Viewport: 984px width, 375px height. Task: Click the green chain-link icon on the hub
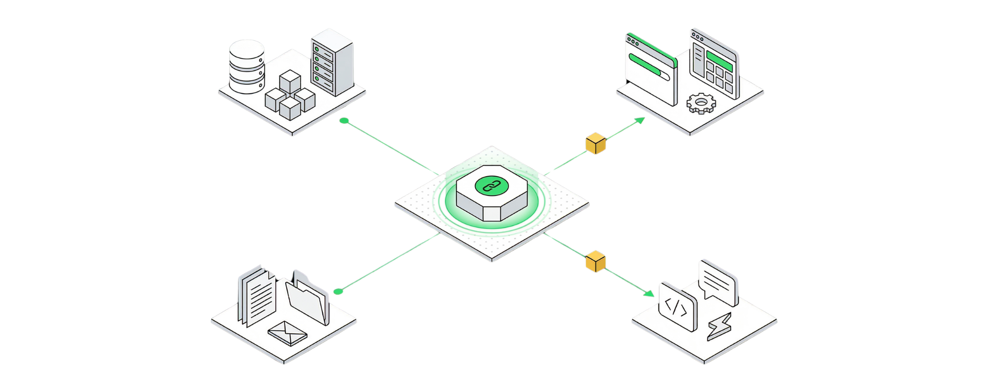pos(488,186)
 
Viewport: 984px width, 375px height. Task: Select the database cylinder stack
pos(246,66)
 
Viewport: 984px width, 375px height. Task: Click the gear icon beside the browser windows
pos(701,103)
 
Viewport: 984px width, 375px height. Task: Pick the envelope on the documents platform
pos(287,333)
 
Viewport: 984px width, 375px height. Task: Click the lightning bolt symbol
pos(719,326)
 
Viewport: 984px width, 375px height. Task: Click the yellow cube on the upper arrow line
pos(596,143)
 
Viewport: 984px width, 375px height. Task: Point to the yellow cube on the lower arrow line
pos(596,262)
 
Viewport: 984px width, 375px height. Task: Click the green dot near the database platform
pos(344,121)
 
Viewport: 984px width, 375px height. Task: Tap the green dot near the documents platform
pos(338,292)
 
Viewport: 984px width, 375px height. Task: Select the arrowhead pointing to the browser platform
pos(640,120)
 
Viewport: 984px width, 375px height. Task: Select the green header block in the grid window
pos(719,61)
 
